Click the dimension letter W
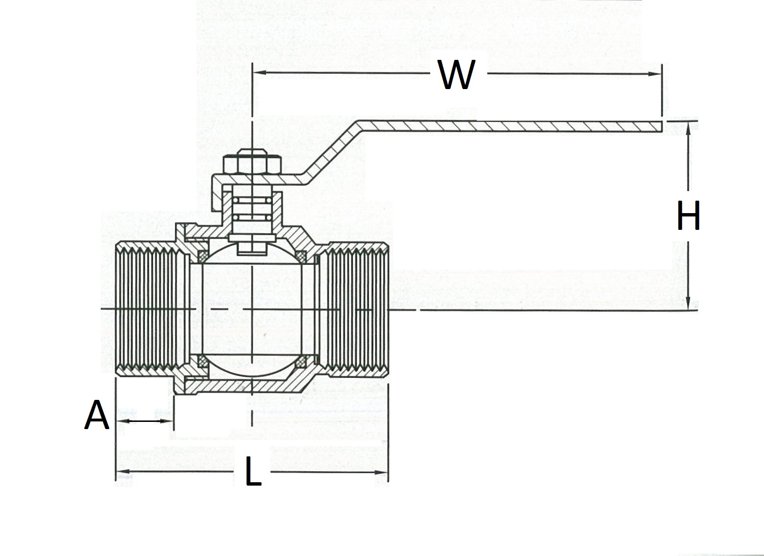coord(457,75)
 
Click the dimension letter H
coord(688,216)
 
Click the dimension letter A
coord(97,415)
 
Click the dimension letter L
coord(253,472)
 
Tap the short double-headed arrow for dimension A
coord(144,421)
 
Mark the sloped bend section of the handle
coord(331,151)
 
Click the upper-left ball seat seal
coord(202,254)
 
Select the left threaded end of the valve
coord(146,310)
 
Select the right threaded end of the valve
coord(357,310)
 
